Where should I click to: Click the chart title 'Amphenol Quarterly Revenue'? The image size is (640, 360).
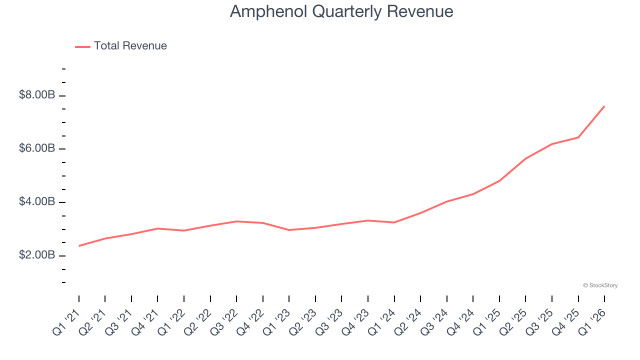(x=341, y=11)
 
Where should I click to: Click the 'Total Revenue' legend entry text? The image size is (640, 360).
(x=130, y=46)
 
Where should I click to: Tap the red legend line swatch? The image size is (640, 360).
(x=82, y=46)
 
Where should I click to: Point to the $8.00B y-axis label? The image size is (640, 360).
(x=36, y=95)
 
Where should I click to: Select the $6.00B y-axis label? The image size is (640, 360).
(x=36, y=148)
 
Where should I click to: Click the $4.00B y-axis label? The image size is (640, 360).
(x=36, y=202)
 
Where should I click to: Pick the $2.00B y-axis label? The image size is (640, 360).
(x=36, y=255)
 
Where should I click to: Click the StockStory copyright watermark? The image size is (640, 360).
(x=600, y=285)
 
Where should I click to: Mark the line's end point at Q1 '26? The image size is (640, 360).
(x=604, y=106)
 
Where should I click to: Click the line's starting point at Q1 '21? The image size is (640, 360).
(x=79, y=246)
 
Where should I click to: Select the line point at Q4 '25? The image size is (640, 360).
(x=578, y=137)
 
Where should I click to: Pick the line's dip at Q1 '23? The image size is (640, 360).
(x=289, y=230)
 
